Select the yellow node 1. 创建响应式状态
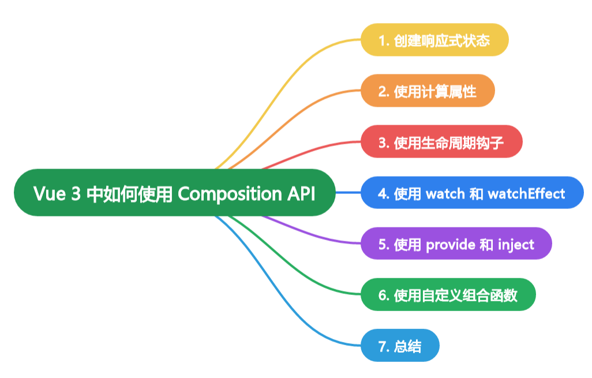[434, 40]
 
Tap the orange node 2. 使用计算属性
[428, 91]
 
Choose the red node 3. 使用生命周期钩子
[441, 141]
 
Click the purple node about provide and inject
[456, 244]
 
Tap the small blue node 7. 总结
[400, 346]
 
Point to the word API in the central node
[301, 193]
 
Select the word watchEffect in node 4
[526, 193]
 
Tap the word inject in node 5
[516, 244]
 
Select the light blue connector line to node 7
[288, 312]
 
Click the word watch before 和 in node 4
[444, 193]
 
